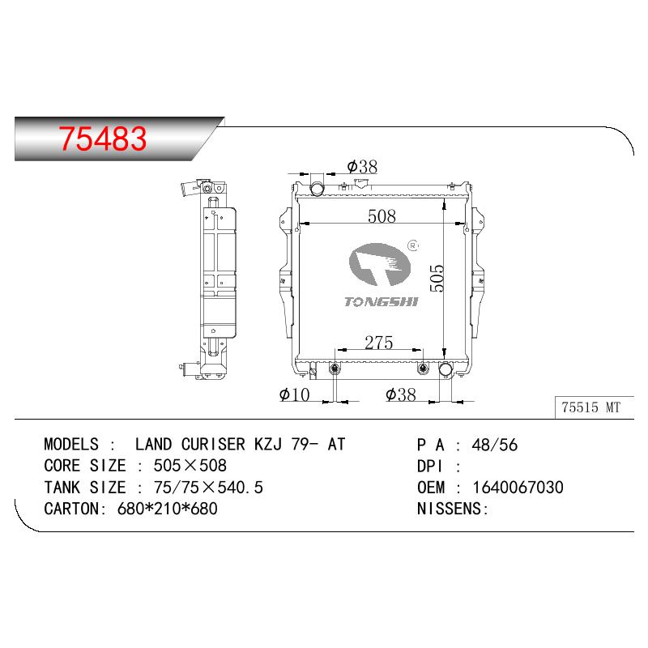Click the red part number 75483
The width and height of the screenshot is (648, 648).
coord(103,139)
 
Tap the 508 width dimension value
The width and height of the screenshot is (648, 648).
coord(382,216)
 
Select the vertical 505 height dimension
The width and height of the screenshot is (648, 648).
coord(437,278)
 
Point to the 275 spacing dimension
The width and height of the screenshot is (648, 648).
coord(378,343)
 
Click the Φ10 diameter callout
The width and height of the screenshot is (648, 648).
coord(294,394)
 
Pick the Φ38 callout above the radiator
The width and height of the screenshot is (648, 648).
coord(362,167)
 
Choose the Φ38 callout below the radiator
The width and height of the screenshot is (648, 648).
coord(400,394)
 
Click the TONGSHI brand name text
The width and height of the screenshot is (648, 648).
coord(381,301)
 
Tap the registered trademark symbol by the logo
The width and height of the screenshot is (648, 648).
coord(412,246)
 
